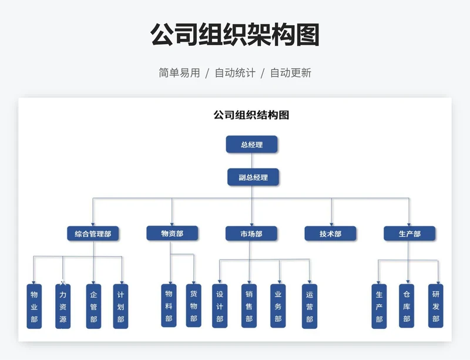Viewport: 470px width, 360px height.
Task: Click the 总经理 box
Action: coord(251,144)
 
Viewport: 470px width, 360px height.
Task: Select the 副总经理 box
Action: coord(253,177)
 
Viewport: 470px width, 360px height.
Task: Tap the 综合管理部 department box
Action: coord(93,234)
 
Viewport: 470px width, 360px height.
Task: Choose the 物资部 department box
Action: coord(172,233)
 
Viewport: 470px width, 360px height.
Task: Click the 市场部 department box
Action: coord(251,234)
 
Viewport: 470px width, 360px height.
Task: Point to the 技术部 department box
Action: coord(330,234)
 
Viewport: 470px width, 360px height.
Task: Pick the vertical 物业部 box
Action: coord(34,306)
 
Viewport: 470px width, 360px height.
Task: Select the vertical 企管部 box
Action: coord(93,306)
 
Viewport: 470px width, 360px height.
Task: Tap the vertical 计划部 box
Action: coord(120,306)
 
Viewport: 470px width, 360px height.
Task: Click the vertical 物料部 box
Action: coord(169,305)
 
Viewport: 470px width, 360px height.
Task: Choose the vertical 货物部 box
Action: coord(193,305)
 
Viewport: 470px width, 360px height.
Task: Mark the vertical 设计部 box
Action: coord(220,305)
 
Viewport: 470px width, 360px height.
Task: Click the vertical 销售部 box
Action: coord(249,305)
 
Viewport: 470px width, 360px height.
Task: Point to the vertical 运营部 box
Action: coord(310,305)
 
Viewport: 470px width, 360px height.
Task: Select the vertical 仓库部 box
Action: coord(407,305)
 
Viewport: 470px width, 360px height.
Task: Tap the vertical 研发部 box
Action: coord(435,305)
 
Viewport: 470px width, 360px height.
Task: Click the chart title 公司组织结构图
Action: coord(251,115)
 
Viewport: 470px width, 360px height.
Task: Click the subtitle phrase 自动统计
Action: coord(235,73)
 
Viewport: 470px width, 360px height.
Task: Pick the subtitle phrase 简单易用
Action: coord(179,73)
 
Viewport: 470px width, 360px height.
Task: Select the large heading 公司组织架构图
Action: coord(235,35)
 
